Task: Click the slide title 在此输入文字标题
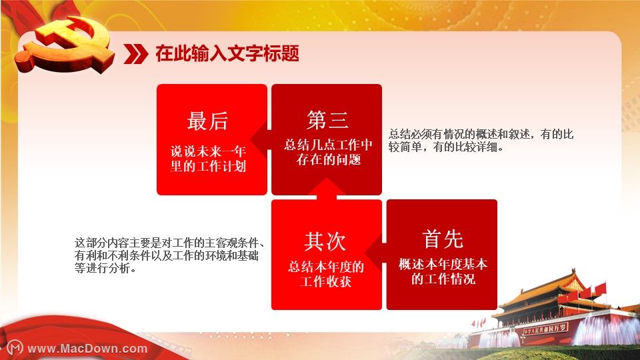tap(227, 53)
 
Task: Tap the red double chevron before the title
tap(135, 54)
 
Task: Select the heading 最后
tap(207, 121)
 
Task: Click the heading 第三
tap(327, 120)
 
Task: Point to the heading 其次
tap(325, 241)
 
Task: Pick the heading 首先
tap(443, 239)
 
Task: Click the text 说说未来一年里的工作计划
tap(208, 159)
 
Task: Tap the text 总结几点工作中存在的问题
tap(328, 152)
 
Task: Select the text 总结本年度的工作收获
tap(326, 274)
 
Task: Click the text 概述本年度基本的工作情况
tap(443, 271)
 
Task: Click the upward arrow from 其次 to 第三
tap(326, 189)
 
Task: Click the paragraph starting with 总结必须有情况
tap(481, 141)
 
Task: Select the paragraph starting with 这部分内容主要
tap(169, 255)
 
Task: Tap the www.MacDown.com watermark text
tap(87, 349)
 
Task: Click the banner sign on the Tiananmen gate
tap(545, 329)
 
